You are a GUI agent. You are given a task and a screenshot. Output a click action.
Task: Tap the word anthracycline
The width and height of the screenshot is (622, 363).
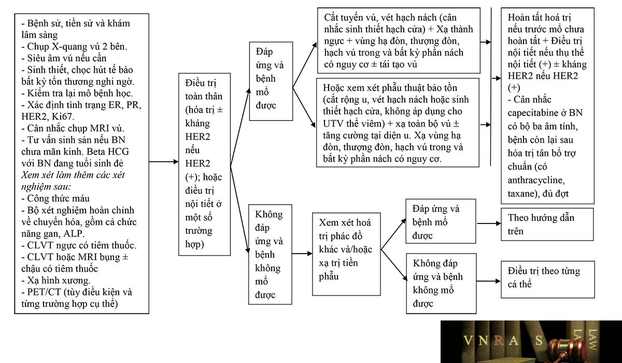(x=536, y=180)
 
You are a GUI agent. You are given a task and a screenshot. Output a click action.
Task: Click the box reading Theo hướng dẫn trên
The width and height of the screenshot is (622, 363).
(x=547, y=224)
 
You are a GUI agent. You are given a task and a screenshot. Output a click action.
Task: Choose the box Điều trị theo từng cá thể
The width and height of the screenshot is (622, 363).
(x=547, y=279)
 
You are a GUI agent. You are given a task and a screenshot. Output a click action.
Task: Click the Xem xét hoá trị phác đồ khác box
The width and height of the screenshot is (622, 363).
(x=346, y=254)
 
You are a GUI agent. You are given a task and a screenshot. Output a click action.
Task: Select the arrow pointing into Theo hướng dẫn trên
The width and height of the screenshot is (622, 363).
(x=489, y=224)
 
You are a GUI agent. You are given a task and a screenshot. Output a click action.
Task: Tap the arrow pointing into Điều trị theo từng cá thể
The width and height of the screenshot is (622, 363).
(x=489, y=281)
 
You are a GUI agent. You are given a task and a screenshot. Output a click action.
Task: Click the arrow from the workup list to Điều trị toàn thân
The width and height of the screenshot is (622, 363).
(x=164, y=161)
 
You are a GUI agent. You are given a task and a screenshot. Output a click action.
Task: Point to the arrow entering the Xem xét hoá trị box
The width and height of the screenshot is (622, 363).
(x=302, y=254)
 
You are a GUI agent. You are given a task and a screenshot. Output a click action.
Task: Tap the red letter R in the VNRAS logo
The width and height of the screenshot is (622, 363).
(x=499, y=340)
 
